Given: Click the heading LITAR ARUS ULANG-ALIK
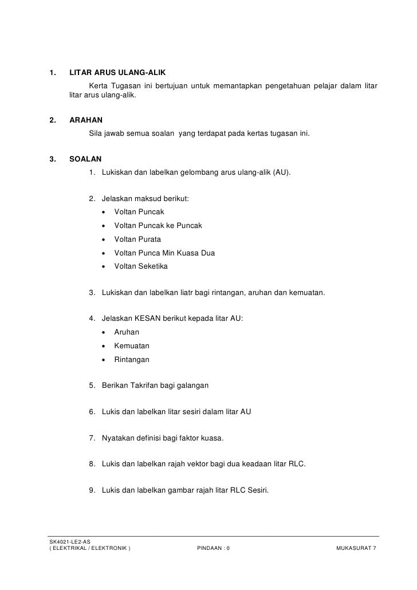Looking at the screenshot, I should pos(117,73).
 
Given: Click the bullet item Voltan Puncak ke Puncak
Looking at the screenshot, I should pos(158,225).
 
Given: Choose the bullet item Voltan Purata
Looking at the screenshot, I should pos(137,239).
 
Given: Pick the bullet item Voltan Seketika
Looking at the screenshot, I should pos(141,266).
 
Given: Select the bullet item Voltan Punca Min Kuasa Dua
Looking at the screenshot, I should pos(165,253).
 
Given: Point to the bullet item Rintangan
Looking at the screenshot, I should pos(132,360).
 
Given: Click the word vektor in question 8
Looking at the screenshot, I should pos(207,463).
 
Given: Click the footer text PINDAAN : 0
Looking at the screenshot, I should pos(213,549).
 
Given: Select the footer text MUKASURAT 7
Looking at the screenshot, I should pos(356,549).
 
